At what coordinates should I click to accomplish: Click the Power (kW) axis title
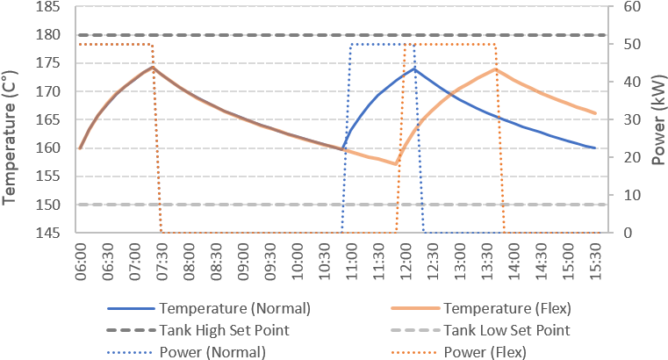[x=657, y=119]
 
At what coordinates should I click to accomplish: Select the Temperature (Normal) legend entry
[x=234, y=309]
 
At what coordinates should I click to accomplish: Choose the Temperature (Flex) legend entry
[x=507, y=309]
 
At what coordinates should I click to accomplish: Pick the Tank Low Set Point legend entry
[x=506, y=331]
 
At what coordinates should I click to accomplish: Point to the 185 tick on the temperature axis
[x=49, y=6]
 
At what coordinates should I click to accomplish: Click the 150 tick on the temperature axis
[x=49, y=205]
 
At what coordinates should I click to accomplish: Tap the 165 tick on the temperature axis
[x=49, y=119]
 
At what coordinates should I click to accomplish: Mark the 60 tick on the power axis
[x=633, y=6]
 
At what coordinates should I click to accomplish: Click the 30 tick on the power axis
[x=633, y=119]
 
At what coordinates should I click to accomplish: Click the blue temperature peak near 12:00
[x=413, y=68]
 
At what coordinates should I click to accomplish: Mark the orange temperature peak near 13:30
[x=496, y=68]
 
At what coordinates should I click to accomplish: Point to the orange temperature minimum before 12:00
[x=396, y=164]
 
